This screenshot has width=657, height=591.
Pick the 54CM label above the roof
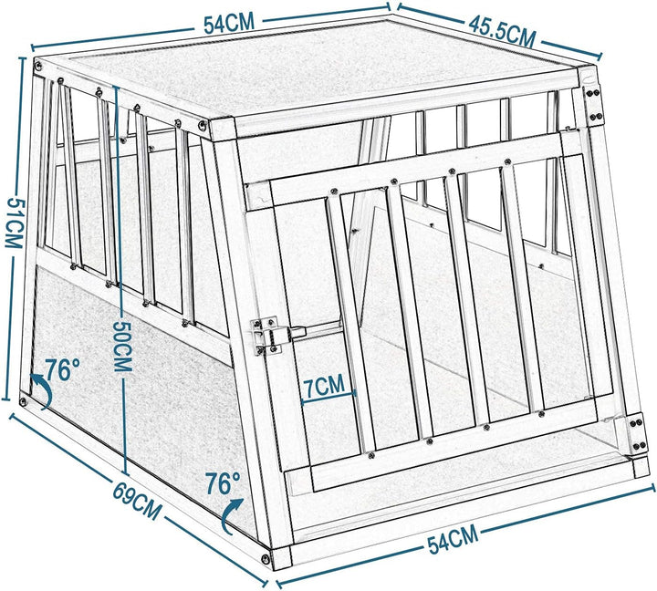[227, 25]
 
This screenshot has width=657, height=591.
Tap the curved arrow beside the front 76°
[232, 516]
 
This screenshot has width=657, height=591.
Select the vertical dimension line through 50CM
[120, 228]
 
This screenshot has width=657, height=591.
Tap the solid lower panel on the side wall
[128, 365]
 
